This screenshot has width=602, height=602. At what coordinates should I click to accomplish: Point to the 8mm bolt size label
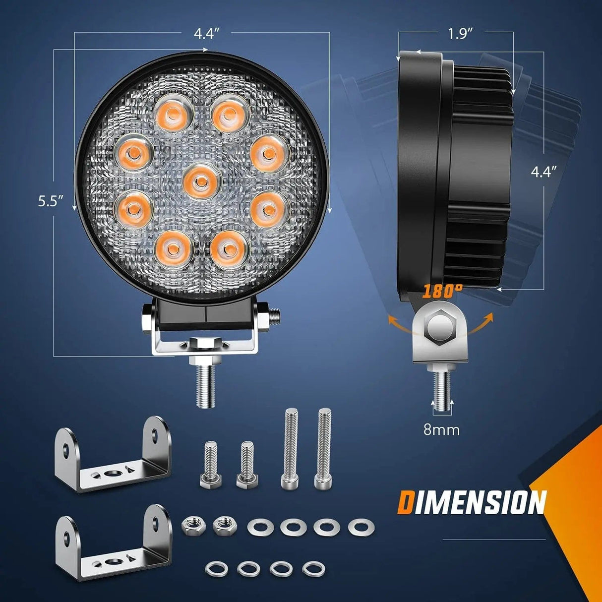click(441, 429)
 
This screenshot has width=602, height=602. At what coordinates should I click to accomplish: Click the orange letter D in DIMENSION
click(405, 503)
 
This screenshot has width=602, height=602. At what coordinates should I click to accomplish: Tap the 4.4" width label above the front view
click(206, 34)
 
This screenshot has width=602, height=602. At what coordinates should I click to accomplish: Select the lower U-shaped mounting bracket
click(113, 544)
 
